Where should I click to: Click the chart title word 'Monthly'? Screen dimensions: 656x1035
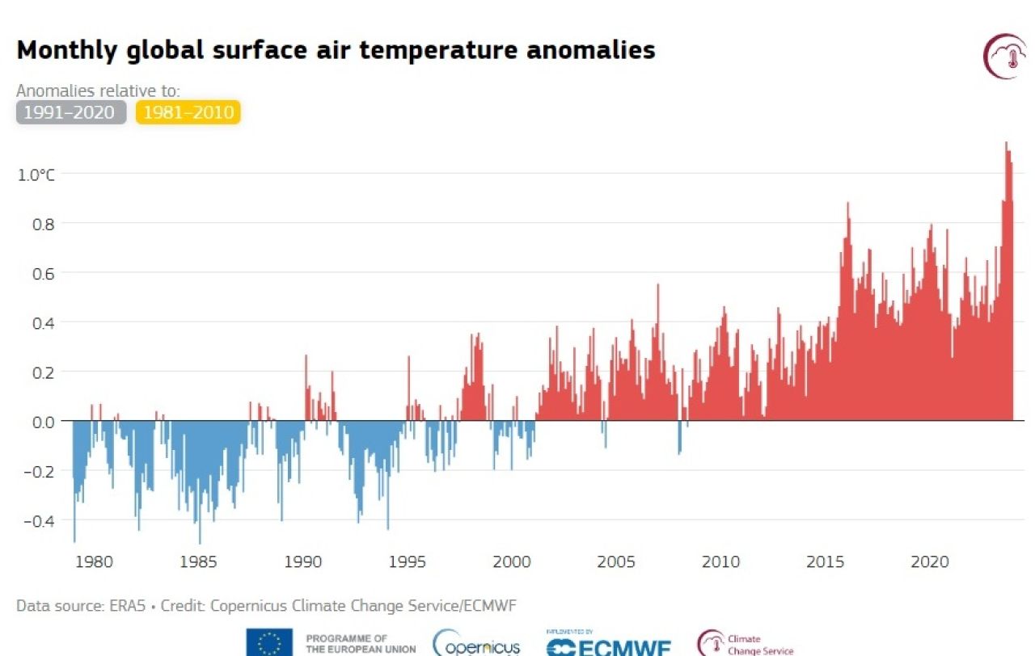click(68, 51)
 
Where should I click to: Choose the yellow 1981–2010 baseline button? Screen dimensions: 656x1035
click(188, 112)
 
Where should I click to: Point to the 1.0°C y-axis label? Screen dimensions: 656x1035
click(36, 175)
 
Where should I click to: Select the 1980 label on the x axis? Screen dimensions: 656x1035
click(94, 562)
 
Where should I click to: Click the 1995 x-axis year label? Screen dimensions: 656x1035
click(408, 562)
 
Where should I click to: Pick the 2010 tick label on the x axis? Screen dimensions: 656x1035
click(720, 562)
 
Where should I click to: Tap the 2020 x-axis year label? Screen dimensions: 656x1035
click(930, 562)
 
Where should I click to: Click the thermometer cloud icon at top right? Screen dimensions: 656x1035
click(1003, 57)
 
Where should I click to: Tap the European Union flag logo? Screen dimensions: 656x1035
click(269, 644)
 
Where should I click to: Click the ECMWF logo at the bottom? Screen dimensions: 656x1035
click(608, 646)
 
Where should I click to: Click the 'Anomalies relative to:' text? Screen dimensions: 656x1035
click(98, 90)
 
